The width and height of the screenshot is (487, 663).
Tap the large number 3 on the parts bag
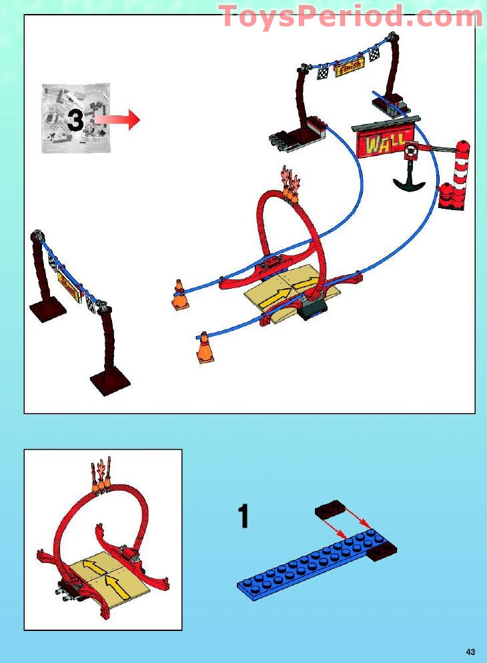point(75,120)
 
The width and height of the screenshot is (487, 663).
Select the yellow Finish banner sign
point(350,66)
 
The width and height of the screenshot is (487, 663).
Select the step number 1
point(243,517)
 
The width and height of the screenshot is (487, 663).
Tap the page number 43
point(470,651)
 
